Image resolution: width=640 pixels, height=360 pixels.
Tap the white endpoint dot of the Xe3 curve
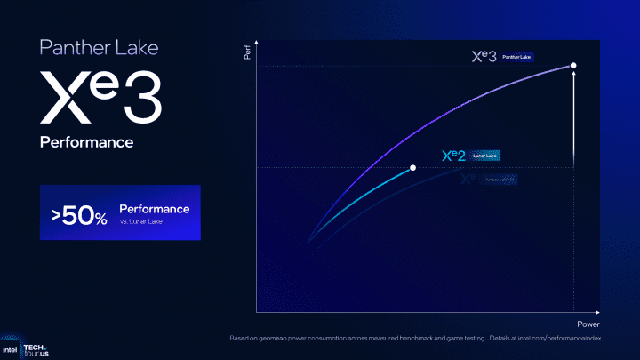point(573,66)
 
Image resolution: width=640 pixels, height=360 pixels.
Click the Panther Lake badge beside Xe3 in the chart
point(516,56)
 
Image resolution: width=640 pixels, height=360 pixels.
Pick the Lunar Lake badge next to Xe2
point(484,156)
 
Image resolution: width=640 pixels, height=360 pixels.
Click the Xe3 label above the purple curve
point(484,56)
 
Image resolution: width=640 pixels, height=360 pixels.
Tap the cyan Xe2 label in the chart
point(453,156)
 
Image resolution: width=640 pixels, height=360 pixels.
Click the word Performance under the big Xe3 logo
point(86,142)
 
